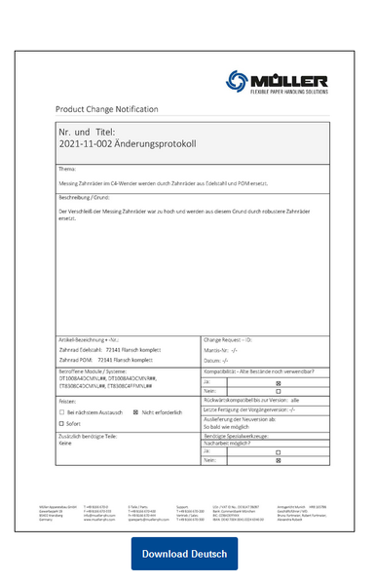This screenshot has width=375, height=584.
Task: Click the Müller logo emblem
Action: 239,82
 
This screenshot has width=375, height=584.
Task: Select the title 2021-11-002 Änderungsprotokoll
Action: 128,143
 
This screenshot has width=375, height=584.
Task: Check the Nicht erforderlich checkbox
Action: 137,412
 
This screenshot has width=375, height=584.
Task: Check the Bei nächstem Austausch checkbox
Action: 63,412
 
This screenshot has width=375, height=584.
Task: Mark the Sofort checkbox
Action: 63,424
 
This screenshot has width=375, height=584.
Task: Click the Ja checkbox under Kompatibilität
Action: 278,382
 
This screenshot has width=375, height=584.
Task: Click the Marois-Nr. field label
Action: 220,348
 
